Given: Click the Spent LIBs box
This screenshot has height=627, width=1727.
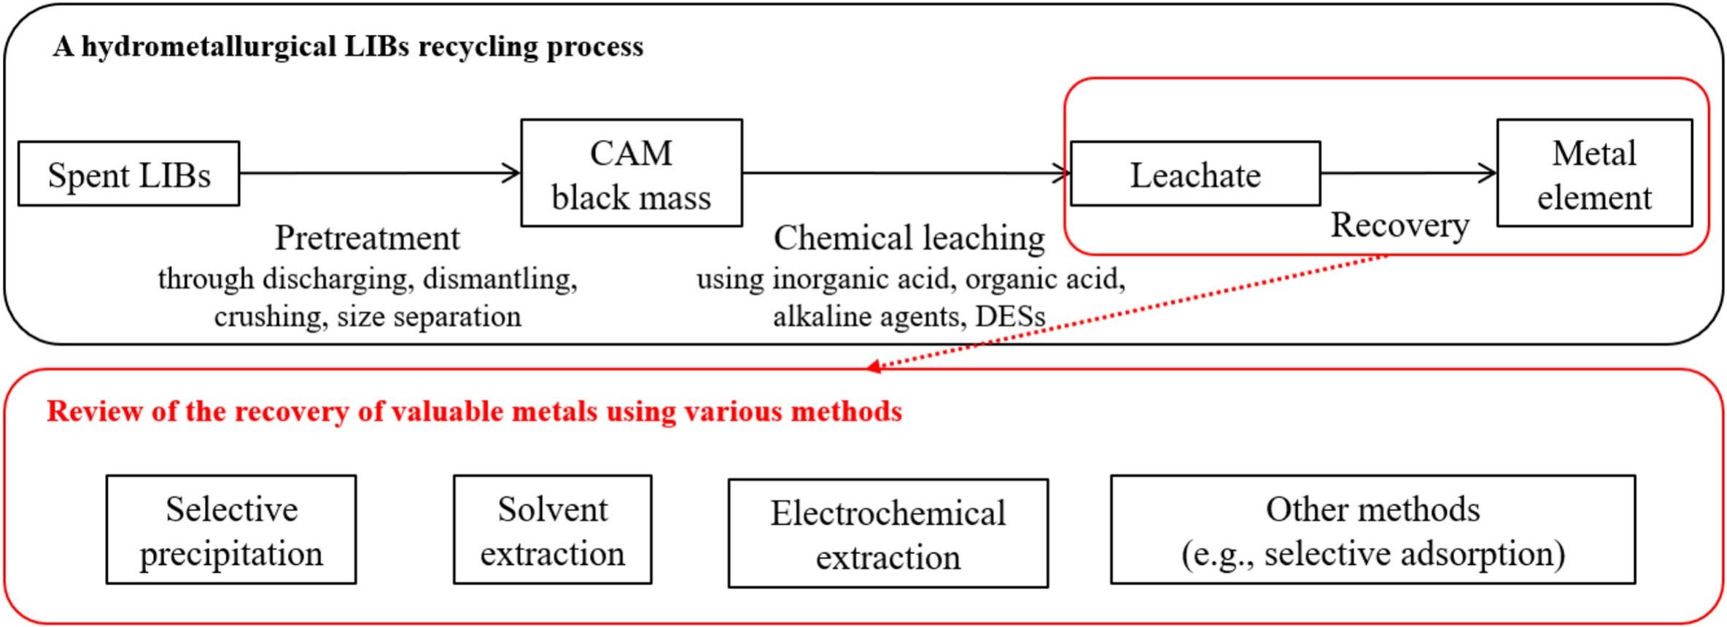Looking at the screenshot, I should [128, 174].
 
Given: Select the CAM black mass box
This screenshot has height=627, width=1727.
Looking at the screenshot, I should [631, 174].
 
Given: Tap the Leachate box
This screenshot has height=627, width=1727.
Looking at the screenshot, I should [1195, 174].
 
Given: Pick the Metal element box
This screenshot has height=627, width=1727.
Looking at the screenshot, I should [1594, 174].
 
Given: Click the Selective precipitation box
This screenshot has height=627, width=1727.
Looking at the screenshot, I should [230, 530].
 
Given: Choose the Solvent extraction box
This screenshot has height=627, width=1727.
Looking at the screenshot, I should [552, 530].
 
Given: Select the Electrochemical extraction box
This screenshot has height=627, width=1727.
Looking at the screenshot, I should [888, 534].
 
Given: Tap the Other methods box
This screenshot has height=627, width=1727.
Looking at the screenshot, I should [1373, 530].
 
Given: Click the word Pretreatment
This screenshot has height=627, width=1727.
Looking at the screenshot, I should [367, 238].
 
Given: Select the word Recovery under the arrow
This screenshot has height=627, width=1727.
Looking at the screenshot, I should [1400, 225].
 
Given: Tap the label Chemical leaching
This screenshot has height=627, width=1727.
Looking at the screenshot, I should [909, 238].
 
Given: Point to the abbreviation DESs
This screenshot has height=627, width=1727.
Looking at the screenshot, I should [1010, 316].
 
